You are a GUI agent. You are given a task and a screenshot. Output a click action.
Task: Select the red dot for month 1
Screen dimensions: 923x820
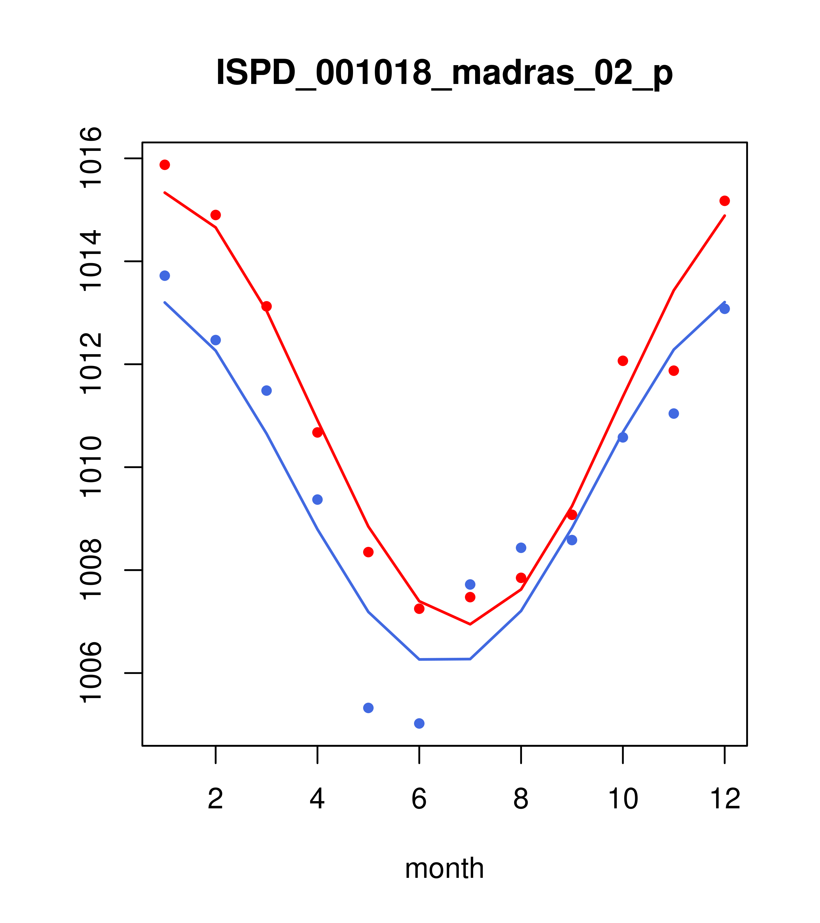click(165, 165)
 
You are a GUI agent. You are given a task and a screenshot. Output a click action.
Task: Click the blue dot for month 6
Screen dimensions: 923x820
click(419, 724)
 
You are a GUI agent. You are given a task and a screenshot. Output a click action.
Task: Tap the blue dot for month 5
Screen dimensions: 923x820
click(368, 708)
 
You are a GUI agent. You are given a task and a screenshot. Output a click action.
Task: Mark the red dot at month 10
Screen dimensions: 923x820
click(623, 361)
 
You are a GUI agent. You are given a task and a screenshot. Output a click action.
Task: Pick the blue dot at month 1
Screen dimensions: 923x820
click(165, 275)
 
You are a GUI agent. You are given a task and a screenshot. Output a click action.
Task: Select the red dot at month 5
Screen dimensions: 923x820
click(368, 552)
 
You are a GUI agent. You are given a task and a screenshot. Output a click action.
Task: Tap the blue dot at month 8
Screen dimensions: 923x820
click(521, 548)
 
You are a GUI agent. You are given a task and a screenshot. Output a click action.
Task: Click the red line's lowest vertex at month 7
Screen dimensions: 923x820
click(470, 624)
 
